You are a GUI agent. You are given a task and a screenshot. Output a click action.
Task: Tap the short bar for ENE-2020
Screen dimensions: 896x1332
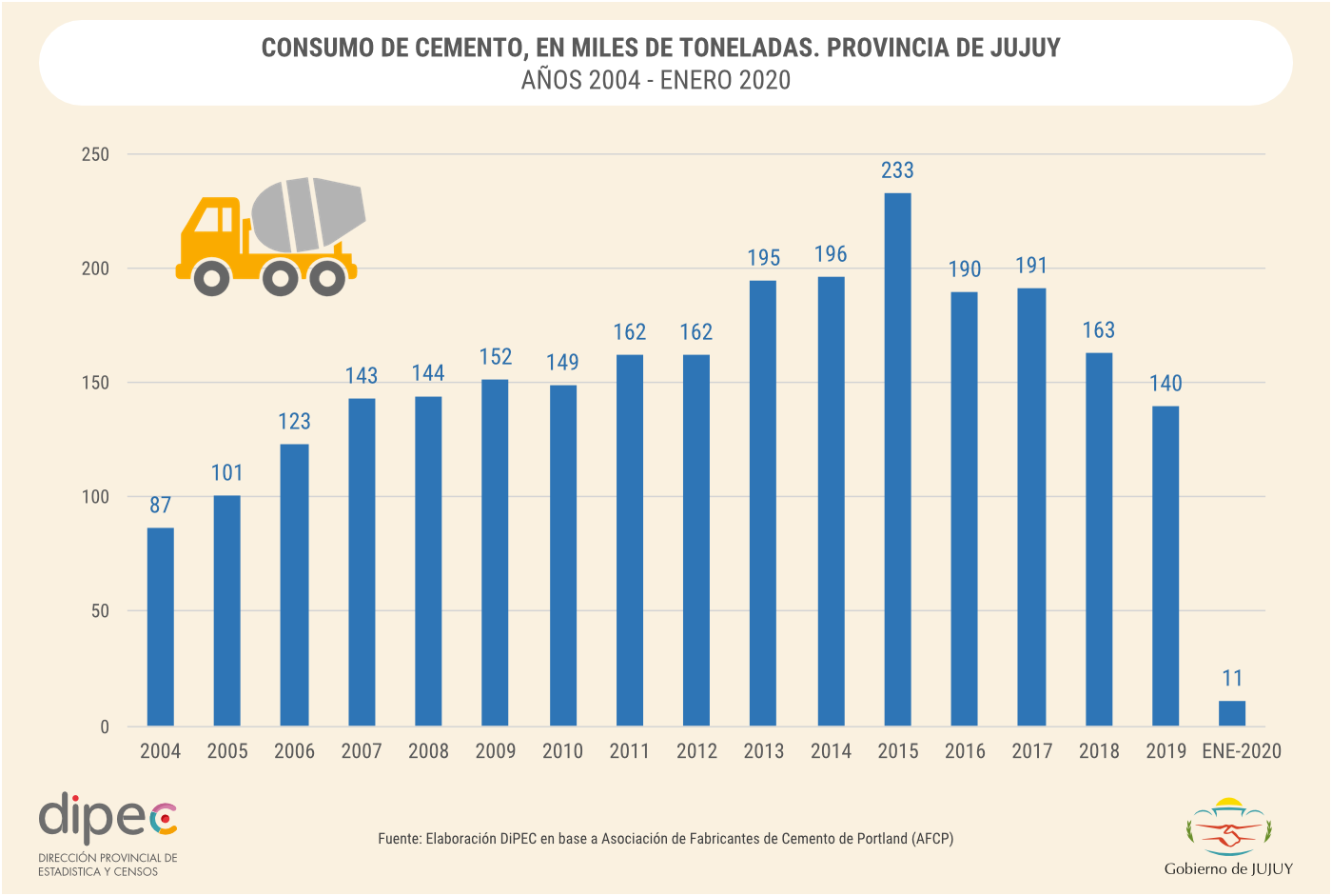point(1232,713)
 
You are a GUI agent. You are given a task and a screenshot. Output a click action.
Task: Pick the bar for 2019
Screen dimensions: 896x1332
point(1165,566)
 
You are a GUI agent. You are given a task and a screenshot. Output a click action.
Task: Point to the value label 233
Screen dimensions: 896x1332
point(897,170)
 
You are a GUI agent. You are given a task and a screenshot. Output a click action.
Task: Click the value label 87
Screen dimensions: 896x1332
point(160,505)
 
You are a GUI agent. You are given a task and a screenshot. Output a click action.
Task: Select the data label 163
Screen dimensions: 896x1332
point(1099,330)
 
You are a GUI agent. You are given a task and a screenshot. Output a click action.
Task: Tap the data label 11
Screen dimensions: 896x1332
point(1232,678)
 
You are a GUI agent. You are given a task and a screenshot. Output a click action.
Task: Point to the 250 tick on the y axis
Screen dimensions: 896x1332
point(95,154)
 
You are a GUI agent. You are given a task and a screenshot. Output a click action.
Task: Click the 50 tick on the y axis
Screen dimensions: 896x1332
point(100,611)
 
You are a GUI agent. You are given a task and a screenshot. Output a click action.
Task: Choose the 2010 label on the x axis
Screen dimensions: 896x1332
point(562,751)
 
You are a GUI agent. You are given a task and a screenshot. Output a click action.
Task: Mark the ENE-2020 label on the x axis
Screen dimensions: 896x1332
point(1242,751)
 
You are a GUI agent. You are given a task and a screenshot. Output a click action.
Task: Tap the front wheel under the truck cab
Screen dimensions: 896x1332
point(211,278)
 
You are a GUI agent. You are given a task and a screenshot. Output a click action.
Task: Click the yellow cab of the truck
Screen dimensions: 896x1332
point(211,229)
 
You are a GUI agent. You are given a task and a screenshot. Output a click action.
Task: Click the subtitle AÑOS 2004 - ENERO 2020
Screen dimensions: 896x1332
point(656,80)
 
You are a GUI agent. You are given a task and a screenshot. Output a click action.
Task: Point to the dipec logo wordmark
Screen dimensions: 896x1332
point(108,817)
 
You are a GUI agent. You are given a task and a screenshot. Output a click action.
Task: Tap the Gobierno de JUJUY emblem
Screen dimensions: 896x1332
point(1228,827)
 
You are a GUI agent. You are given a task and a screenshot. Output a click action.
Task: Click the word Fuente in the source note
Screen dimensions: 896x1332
point(399,839)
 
